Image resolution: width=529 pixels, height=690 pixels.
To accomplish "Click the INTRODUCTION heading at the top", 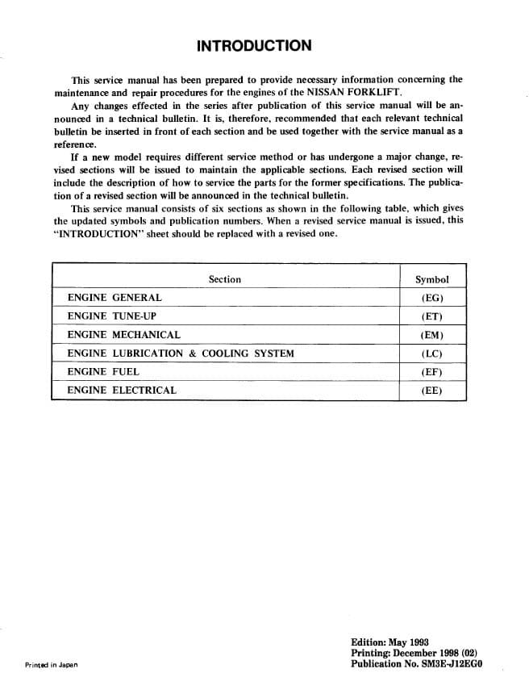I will (253, 45).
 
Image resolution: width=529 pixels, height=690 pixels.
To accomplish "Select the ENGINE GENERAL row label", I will (115, 298).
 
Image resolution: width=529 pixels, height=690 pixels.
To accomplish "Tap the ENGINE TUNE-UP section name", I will (111, 316).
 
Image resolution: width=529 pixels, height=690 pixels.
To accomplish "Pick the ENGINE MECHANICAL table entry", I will (123, 335).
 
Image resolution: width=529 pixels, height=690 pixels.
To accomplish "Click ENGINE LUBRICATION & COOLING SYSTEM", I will (180, 353).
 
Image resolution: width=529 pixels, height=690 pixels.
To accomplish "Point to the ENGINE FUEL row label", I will (103, 372).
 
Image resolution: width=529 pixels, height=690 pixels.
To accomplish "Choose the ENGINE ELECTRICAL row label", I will (121, 391).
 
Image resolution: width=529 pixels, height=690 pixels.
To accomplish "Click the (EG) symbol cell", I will (431, 298).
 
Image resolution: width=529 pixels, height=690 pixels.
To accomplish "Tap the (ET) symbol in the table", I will (431, 316).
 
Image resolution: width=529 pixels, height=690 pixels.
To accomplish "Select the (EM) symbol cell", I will (431, 335).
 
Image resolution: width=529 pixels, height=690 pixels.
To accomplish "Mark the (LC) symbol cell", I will (431, 353).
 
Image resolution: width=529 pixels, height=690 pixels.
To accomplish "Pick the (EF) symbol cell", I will (431, 372).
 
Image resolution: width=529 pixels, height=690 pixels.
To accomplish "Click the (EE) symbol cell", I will (431, 391).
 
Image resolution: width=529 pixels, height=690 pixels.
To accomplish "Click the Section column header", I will (224, 279).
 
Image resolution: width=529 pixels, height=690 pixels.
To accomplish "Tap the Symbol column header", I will (431, 279).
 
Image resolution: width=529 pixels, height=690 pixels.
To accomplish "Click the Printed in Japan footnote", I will (50, 665).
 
